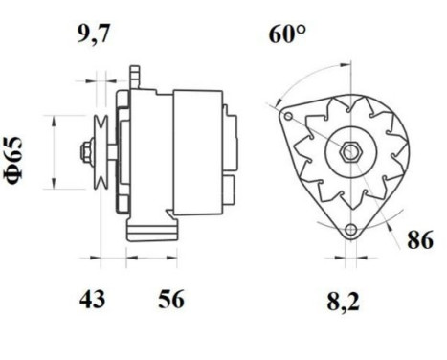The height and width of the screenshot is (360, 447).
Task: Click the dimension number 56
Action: (x=169, y=300)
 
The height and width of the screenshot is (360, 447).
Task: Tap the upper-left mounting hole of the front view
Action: (x=287, y=115)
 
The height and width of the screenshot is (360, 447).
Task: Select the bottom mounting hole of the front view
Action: (x=352, y=230)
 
